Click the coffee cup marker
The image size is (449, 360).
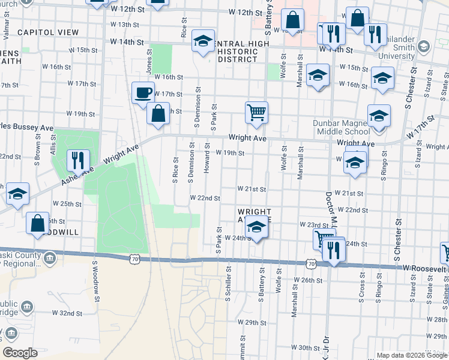[143, 93]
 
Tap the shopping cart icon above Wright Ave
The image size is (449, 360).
[256, 112]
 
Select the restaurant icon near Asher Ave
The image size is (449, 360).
[78, 160]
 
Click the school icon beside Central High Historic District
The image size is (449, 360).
[203, 41]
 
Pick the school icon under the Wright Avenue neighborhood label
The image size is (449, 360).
[256, 228]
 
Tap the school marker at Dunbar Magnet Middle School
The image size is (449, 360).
[379, 116]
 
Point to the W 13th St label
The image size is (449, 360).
[125, 25]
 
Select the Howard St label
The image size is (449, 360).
[206, 158]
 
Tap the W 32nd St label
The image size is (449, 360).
[67, 313]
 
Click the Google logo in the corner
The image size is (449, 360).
[20, 353]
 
